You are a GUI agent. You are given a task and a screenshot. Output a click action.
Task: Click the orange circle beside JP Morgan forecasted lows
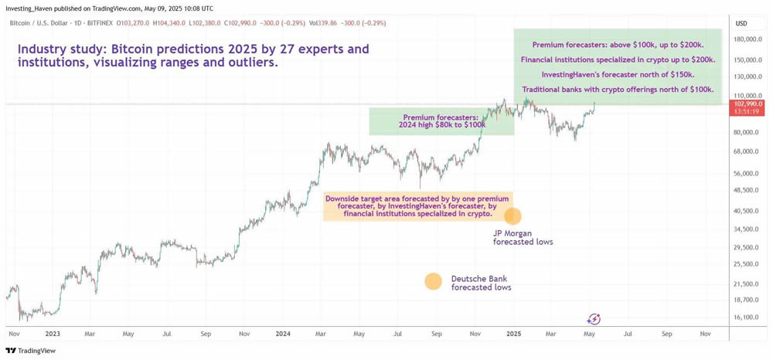click(512, 216)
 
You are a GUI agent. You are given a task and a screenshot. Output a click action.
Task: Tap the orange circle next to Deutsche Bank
click(433, 281)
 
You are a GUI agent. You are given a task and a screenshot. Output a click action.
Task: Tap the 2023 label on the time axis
click(52, 334)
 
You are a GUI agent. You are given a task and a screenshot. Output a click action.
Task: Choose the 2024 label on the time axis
click(283, 334)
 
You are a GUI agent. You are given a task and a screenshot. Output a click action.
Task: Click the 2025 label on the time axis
click(513, 334)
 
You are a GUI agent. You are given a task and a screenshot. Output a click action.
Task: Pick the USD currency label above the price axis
click(741, 23)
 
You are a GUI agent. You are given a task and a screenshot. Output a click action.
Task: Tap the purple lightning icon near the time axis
click(594, 319)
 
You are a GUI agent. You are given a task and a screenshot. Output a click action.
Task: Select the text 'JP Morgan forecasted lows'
click(523, 237)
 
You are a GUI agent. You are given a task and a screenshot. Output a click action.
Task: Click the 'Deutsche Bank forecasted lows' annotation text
click(481, 283)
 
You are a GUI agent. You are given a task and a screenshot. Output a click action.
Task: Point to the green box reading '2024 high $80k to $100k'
click(441, 121)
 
